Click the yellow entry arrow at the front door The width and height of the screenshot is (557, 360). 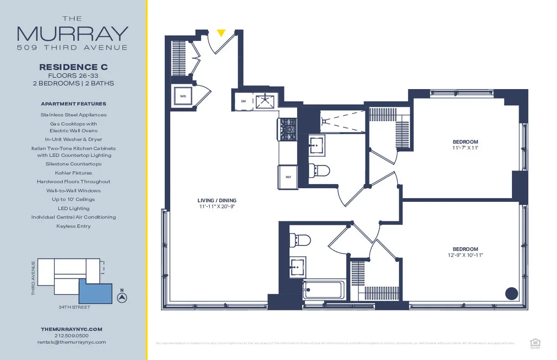click(221, 33)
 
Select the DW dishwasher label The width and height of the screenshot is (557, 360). click(243, 100)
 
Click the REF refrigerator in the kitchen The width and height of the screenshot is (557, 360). click(288, 177)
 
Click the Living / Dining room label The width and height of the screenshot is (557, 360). click(217, 200)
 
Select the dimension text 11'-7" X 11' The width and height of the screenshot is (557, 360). click(465, 148)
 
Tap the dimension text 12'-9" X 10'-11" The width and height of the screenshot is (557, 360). click(465, 255)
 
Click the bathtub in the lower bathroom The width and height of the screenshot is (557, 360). click(324, 290)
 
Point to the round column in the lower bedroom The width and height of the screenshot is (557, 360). click(511, 293)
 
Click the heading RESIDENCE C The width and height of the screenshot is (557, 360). click(73, 68)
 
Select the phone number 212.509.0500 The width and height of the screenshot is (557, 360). click(71, 335)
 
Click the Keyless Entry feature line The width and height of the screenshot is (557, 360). click(73, 226)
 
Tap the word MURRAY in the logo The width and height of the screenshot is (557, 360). click(72, 34)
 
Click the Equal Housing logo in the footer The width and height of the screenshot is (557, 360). click(534, 343)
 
